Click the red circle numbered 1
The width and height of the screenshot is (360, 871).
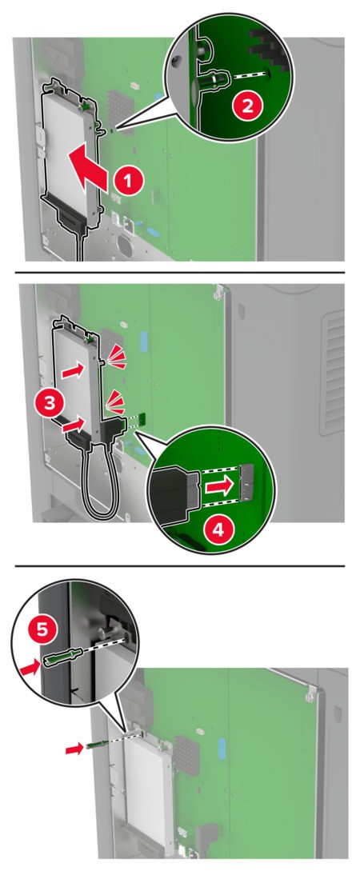[128, 182]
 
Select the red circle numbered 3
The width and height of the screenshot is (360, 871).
[50, 403]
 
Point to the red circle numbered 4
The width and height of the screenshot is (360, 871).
[219, 529]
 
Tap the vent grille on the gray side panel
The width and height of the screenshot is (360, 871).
[332, 372]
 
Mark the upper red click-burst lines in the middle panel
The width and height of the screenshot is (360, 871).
[116, 354]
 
